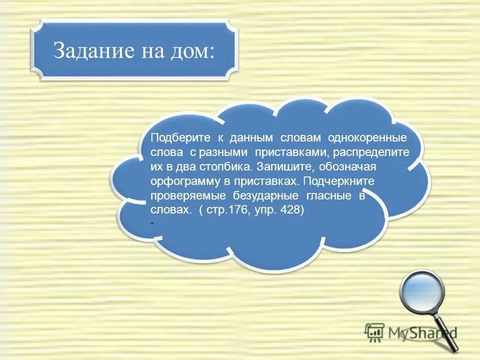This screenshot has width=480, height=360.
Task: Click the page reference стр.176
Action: pyautogui.click(x=225, y=210)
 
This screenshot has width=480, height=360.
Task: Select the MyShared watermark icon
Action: pyautogui.click(x=374, y=332)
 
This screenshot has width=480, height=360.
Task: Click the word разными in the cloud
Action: pyautogui.click(x=227, y=152)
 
